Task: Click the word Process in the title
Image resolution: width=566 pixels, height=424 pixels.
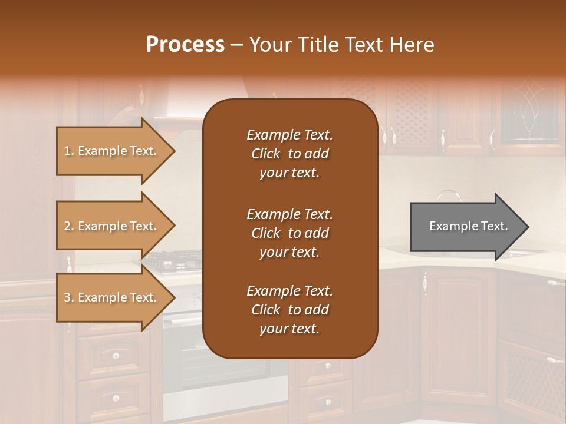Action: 185,45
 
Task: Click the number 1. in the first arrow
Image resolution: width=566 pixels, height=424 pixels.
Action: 69,151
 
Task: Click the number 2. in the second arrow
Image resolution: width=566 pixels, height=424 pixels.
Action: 69,227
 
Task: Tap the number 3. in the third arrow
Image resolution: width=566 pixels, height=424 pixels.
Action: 69,298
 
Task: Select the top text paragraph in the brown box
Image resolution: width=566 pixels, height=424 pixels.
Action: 289,154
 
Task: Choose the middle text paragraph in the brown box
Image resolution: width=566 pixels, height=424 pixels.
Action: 289,233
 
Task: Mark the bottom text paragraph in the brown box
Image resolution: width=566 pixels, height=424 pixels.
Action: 289,310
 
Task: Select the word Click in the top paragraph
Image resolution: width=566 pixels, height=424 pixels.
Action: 265,154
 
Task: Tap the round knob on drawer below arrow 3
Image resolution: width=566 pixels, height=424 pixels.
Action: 116,355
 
